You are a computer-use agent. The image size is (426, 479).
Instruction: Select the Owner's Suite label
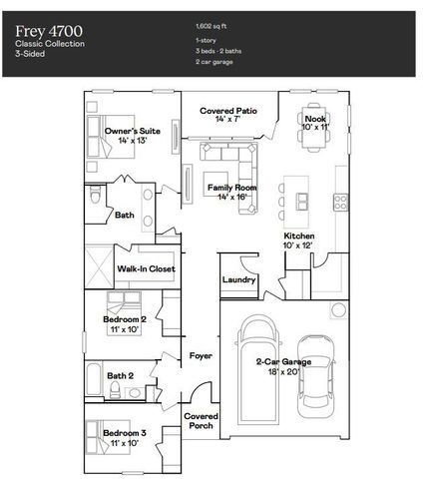click(x=133, y=136)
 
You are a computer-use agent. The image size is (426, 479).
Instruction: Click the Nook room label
click(x=315, y=123)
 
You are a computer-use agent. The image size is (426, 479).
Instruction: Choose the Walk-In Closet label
click(x=147, y=268)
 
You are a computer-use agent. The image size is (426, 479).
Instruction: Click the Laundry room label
click(x=239, y=280)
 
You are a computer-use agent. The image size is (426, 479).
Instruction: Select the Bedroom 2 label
click(x=125, y=322)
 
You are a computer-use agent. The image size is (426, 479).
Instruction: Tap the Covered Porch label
click(x=201, y=420)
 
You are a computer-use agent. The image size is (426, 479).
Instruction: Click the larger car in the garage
click(x=256, y=376)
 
